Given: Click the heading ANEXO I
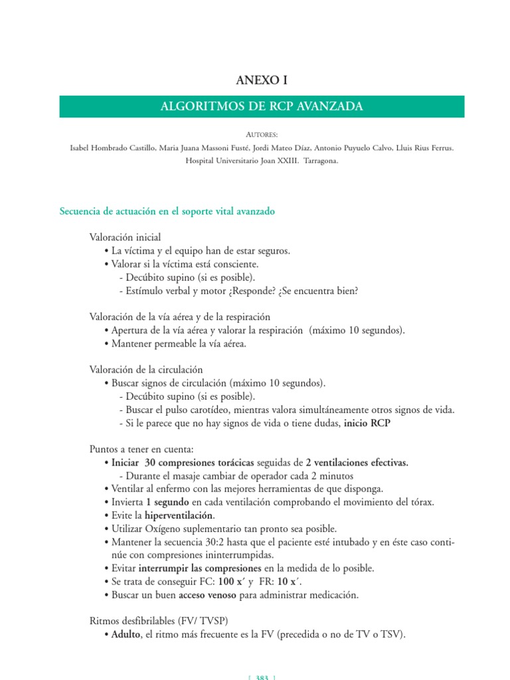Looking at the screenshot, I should pyautogui.click(x=262, y=81).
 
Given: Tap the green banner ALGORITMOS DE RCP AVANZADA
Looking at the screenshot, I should pyautogui.click(x=262, y=106).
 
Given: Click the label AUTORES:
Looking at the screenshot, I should pyautogui.click(x=262, y=134).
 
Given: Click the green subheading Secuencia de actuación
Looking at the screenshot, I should pyautogui.click(x=167, y=211).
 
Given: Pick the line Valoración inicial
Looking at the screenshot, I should pyautogui.click(x=125, y=237).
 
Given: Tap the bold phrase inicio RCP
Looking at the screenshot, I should pyautogui.click(x=367, y=423).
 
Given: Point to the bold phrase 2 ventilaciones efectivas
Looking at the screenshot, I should pyautogui.click(x=357, y=462).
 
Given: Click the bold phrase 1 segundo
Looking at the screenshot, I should pyautogui.click(x=168, y=502).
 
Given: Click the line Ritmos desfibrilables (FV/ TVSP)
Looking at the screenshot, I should pyautogui.click(x=159, y=621).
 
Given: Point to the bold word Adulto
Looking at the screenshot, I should pyautogui.click(x=126, y=634).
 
